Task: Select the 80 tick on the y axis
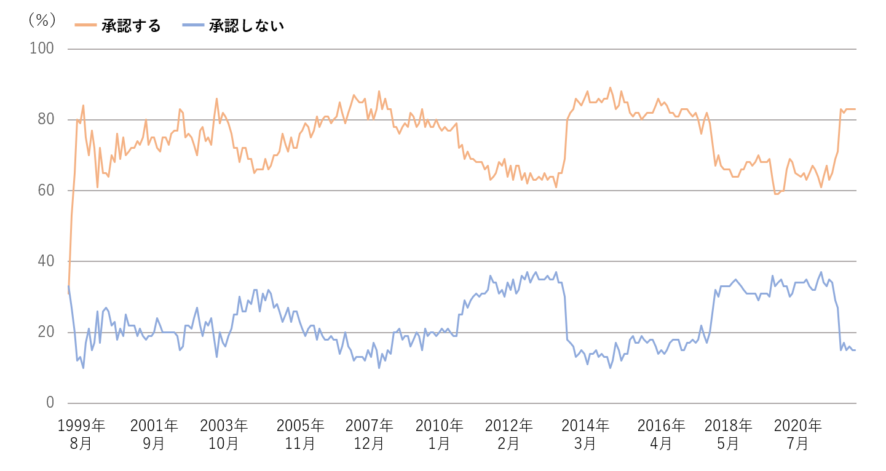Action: pos(47,119)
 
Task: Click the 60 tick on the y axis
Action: pos(47,191)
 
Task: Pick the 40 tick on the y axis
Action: pos(47,261)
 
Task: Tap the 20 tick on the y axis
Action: pos(47,332)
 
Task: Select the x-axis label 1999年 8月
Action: pos(81,434)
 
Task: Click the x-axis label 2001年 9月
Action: pos(154,434)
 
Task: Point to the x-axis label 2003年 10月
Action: pos(223,434)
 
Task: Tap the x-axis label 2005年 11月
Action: pos(300,434)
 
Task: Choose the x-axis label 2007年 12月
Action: pos(370,434)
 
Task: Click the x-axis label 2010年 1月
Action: pos(439,434)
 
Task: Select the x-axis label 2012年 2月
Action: pos(508,434)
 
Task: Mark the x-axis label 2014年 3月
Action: pos(585,434)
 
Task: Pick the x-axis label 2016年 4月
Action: pos(661,434)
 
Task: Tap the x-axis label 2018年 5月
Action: pos(728,434)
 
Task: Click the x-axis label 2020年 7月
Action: pos(797,434)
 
